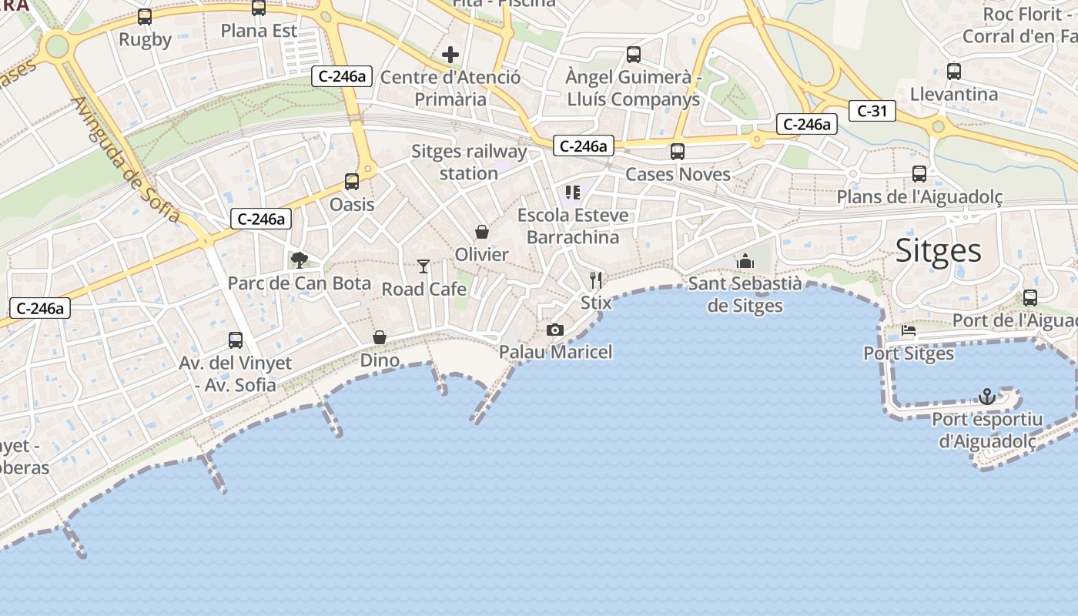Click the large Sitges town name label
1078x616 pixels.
pos(938,251)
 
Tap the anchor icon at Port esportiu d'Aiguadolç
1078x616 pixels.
pos(986,397)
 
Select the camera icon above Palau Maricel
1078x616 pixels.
pos(554,330)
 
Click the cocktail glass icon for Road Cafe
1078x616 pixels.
pos(423,266)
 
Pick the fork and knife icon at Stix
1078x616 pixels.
pos(595,280)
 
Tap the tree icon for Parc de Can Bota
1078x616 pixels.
pos(299,260)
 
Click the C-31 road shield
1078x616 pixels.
pos(872,111)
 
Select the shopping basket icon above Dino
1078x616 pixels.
pos(380,337)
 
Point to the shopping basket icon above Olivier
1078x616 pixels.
pos(482,232)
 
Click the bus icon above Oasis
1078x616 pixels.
pos(352,182)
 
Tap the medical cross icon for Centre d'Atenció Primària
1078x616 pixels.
pos(450,55)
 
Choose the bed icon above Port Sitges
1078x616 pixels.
pos(909,331)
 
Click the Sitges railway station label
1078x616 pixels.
pos(469,162)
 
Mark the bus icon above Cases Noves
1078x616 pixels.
pos(678,152)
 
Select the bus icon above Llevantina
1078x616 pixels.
pos(954,72)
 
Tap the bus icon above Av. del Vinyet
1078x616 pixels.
pos(236,340)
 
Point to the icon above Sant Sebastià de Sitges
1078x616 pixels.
pos(745,262)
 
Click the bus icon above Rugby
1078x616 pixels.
pos(145,17)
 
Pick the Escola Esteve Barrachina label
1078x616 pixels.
pos(573,226)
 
